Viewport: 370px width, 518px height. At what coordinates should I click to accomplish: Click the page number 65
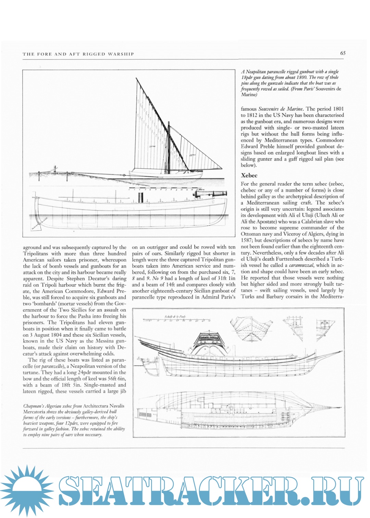(x=343, y=53)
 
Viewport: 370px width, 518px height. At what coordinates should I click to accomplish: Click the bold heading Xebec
(x=249, y=175)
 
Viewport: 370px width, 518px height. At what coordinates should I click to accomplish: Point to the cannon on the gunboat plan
(x=210, y=194)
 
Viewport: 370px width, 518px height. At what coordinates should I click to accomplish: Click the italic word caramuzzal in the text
(x=301, y=265)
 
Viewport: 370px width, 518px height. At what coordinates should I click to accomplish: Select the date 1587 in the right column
(x=247, y=240)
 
